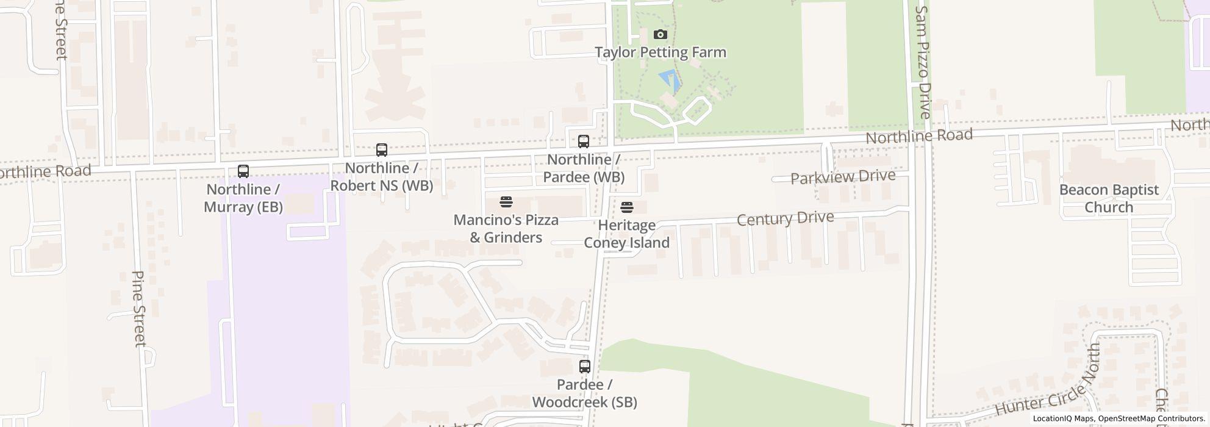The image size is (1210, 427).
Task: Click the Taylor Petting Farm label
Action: [660, 52]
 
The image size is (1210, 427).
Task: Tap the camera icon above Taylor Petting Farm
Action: [660, 35]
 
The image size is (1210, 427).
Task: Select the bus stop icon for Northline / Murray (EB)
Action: [243, 171]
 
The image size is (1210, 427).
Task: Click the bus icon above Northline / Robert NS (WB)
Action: [382, 149]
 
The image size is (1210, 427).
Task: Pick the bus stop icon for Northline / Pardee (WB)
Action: [584, 142]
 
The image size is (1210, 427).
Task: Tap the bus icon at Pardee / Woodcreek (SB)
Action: [585, 367]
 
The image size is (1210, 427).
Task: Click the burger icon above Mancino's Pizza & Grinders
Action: [506, 201]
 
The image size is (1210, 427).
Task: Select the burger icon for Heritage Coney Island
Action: [627, 207]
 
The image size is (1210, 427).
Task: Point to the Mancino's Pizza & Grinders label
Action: [506, 228]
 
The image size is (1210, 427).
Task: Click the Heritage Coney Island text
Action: [627, 234]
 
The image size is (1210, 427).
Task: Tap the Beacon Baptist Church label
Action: [1109, 198]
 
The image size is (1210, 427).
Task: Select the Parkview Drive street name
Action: [843, 178]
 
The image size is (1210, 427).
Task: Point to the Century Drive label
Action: [785, 218]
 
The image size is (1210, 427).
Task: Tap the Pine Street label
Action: [139, 309]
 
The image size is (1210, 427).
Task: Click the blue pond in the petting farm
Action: [669, 81]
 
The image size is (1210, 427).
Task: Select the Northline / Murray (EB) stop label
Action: [243, 198]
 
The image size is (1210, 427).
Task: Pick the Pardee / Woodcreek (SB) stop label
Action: [585, 393]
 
